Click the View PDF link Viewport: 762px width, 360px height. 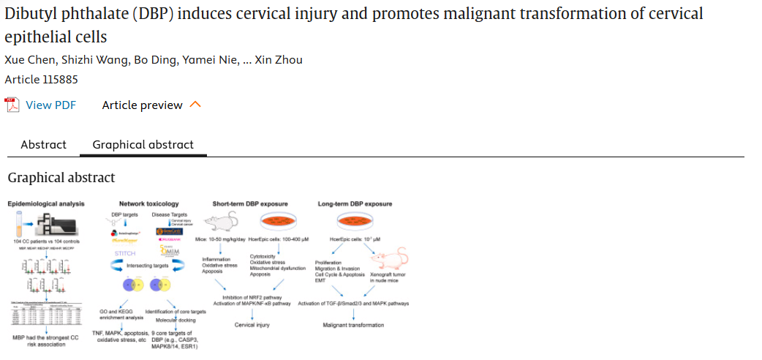tap(50, 105)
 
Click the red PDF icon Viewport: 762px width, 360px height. tap(12, 105)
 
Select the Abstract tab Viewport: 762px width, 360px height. tap(43, 144)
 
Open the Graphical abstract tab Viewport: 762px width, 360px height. tap(143, 144)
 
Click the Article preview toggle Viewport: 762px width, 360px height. tap(143, 105)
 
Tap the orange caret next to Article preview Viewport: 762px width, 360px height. tap(195, 105)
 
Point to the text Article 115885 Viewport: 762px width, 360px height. tap(41, 79)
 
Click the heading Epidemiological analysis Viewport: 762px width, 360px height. tap(46, 203)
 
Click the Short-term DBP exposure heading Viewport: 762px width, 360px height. tap(249, 203)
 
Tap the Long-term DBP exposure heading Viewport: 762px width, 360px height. tap(355, 203)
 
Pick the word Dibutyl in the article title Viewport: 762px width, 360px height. tap(29, 13)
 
